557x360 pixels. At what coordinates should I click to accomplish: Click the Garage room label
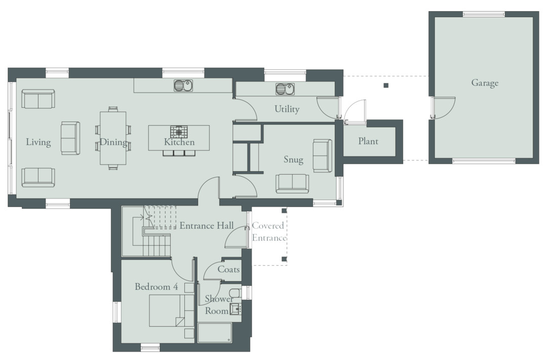(x=485, y=83)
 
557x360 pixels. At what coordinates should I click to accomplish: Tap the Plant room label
(x=368, y=141)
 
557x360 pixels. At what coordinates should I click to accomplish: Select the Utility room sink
(x=285, y=89)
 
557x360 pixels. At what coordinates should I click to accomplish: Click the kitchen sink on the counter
(x=183, y=86)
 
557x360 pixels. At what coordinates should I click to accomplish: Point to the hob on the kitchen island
(x=179, y=132)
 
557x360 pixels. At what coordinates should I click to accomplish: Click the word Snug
(x=293, y=159)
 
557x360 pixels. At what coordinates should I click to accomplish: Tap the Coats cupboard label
(x=228, y=269)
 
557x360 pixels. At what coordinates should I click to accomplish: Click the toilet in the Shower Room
(x=235, y=293)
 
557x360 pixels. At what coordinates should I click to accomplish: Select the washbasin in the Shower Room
(x=235, y=309)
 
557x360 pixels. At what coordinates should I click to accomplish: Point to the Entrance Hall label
(x=207, y=226)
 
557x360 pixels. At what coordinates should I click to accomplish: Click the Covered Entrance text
(x=269, y=232)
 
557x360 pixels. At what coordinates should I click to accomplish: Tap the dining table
(x=113, y=138)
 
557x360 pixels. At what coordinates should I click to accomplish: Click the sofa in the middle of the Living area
(x=70, y=138)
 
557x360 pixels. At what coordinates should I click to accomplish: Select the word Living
(x=38, y=142)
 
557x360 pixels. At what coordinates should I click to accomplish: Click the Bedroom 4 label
(x=156, y=287)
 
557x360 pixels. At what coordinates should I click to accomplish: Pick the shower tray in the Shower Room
(x=215, y=333)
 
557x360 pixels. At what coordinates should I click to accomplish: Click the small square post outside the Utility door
(x=386, y=85)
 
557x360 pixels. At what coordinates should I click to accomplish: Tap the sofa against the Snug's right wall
(x=323, y=155)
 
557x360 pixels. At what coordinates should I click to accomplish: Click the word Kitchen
(x=179, y=142)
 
